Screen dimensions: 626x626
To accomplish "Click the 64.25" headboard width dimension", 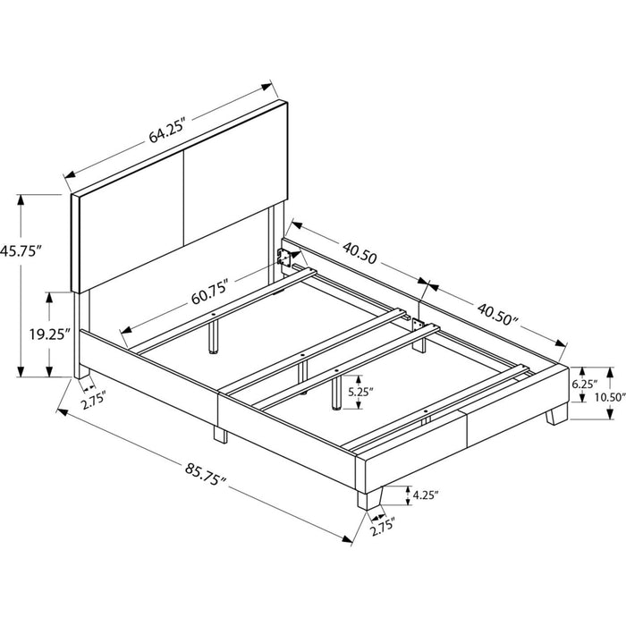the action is [167, 131].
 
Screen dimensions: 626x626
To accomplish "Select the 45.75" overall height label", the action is [21, 251].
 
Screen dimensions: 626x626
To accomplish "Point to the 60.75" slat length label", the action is [210, 292].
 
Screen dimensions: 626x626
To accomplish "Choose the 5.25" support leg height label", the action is [360, 392].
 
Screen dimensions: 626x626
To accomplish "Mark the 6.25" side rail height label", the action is [585, 384].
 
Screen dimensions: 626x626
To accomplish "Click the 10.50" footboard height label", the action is [609, 397].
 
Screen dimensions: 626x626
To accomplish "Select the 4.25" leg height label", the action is [426, 495].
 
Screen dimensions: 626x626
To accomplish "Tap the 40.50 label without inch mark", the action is [360, 253].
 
